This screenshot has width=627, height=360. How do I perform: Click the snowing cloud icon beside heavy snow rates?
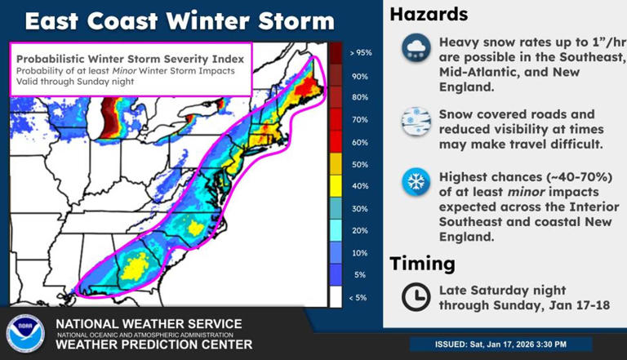click(x=416, y=50)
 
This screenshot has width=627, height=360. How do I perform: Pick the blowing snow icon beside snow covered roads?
click(x=416, y=121)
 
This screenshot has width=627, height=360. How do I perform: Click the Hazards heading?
click(x=429, y=14)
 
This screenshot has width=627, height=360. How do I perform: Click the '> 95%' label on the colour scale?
click(x=360, y=53)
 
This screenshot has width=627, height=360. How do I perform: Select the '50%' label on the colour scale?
click(x=361, y=165)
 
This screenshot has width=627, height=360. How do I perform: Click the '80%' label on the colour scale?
click(x=361, y=97)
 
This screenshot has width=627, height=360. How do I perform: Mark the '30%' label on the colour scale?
click(x=361, y=209)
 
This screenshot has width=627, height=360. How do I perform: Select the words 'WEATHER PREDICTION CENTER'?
click(x=141, y=344)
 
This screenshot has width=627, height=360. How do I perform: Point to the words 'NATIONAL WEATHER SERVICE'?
click(x=148, y=324)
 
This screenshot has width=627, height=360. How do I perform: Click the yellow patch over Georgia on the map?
click(x=138, y=264)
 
